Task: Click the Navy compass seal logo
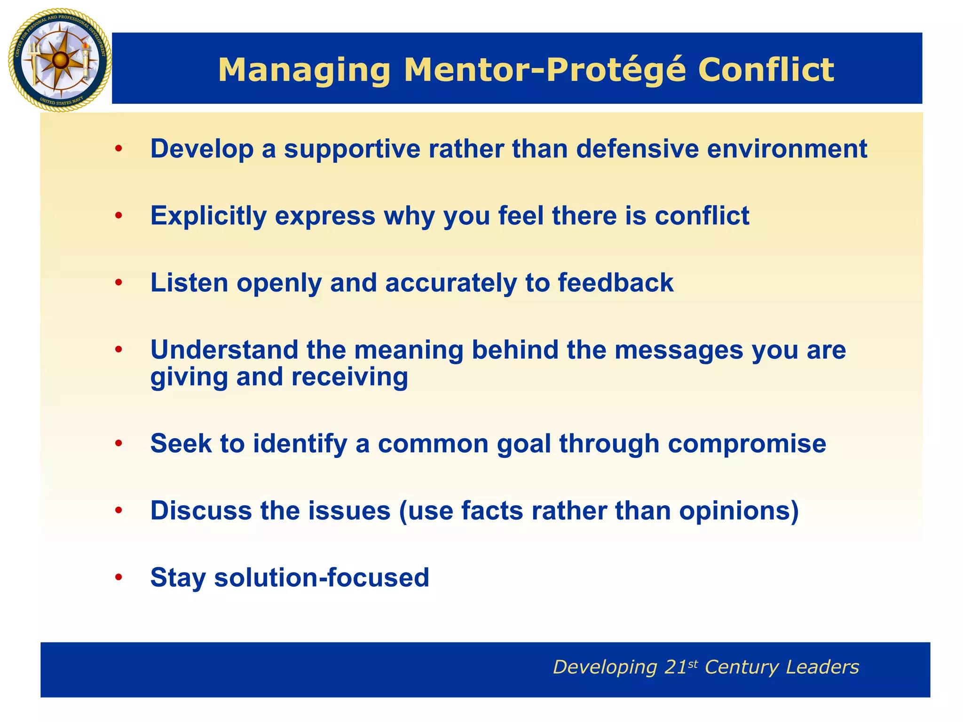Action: pyautogui.click(x=60, y=60)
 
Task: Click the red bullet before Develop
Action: pyautogui.click(x=119, y=149)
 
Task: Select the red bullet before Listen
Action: pyautogui.click(x=119, y=283)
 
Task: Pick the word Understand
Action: pyautogui.click(x=224, y=350)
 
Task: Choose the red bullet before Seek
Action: pyautogui.click(x=119, y=444)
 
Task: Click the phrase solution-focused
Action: pyautogui.click(x=322, y=578)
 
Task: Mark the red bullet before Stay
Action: pyautogui.click(x=119, y=578)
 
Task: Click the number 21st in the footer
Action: pyautogui.click(x=681, y=667)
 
